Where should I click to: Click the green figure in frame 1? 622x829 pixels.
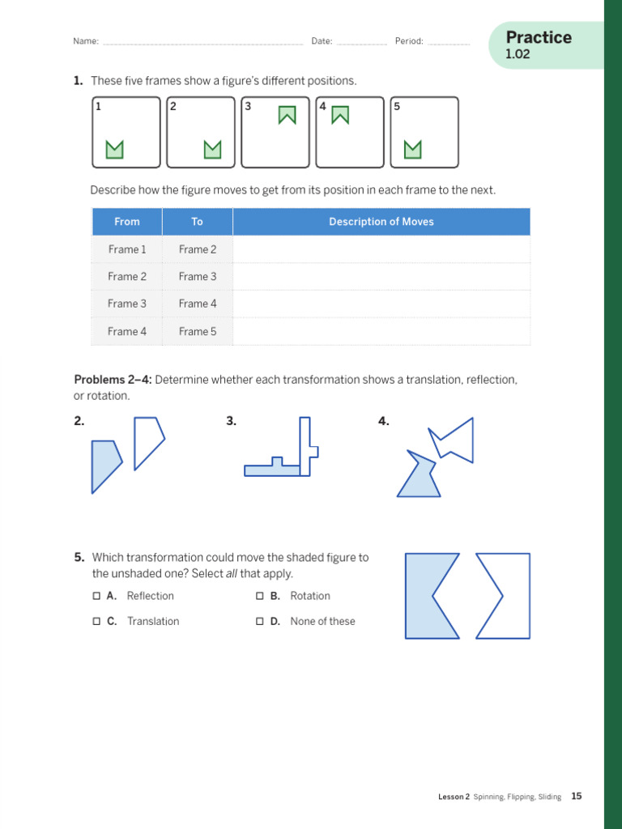point(115,149)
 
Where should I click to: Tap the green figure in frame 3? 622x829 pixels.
point(287,115)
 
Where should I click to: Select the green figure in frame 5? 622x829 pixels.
point(413,149)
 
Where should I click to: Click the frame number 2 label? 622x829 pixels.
point(173,106)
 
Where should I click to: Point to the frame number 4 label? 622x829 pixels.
point(322,106)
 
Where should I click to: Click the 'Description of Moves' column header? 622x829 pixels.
point(381,222)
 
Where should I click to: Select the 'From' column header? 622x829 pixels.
point(127,222)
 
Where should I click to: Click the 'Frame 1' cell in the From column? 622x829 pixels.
point(127,249)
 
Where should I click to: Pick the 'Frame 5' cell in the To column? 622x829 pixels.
point(198,331)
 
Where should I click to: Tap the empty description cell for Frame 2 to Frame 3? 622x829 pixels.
point(381,277)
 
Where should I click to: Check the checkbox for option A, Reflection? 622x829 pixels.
point(96,596)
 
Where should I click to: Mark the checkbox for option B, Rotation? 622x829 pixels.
point(260,596)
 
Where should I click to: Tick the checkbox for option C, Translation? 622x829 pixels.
point(96,622)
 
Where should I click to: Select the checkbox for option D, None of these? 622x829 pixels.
point(260,622)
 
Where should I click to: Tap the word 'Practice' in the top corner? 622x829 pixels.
point(538,37)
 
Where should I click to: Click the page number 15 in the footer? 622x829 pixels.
point(576,797)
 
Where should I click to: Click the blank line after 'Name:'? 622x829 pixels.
point(202,42)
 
